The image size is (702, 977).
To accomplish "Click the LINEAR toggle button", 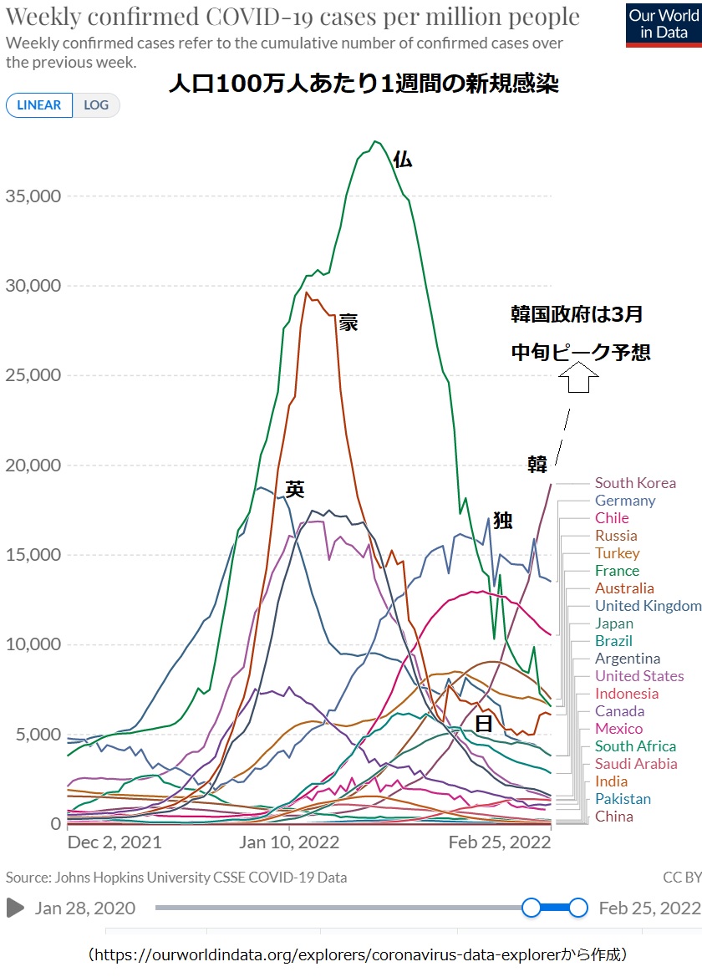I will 39,105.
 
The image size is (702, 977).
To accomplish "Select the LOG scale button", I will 96,105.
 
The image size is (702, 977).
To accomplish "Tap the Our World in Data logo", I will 663,24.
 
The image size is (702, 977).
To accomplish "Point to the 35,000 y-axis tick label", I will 33,196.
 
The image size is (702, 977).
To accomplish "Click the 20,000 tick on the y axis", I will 33,466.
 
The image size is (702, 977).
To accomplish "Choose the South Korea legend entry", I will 635,483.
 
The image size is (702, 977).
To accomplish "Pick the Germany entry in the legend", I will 625,501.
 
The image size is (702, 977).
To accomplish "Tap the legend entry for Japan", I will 614,623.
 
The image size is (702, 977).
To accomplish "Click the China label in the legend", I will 614,817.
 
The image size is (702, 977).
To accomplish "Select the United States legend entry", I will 639,676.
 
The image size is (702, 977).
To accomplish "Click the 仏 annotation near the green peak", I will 403,160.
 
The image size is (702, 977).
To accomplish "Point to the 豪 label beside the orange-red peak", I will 348,323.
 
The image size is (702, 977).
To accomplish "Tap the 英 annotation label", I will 294,490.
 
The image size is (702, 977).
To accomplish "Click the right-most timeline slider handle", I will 577,908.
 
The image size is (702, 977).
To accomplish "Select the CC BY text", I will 682,878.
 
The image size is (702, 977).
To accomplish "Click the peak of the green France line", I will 375,141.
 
